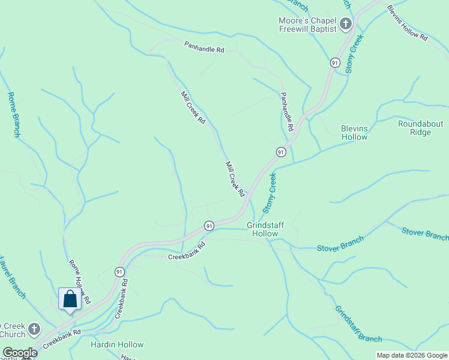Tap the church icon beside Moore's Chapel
345,25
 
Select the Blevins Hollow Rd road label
407,23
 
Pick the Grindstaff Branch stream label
358,324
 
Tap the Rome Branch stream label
14,114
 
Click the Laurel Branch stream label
12,277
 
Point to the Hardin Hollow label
117,344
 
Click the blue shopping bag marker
70,299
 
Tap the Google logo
20,353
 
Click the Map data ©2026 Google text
412,355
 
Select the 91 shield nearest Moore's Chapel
335,62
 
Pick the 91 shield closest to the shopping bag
120,271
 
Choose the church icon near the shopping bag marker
34,329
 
